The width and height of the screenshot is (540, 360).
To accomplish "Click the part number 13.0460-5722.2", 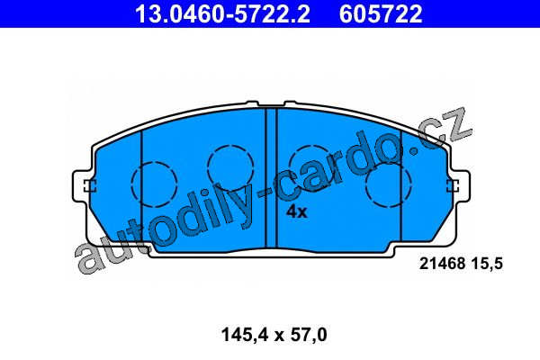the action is tap(222, 14).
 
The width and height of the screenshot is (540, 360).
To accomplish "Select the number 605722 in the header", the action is tap(381, 14).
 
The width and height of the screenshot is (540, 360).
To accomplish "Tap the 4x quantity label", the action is tap(296, 211).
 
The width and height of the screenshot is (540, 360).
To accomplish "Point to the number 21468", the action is tap(442, 264).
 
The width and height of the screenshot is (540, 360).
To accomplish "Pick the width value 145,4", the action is tap(244, 335).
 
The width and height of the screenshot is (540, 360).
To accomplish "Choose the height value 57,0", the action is tap(309, 335).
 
